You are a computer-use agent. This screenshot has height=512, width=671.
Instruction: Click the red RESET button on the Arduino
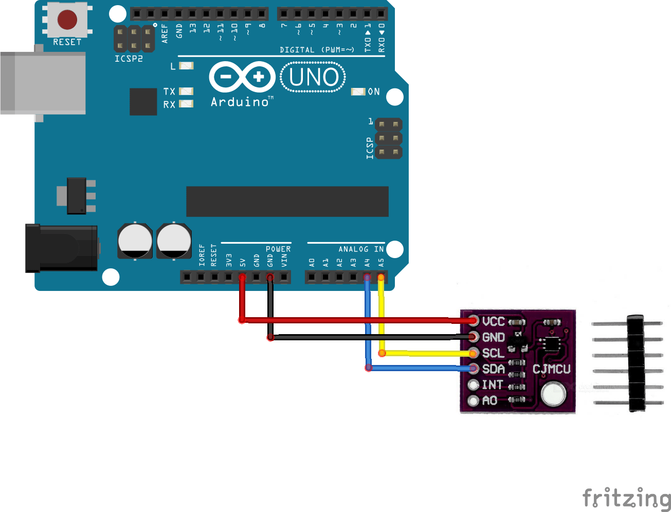tap(67, 20)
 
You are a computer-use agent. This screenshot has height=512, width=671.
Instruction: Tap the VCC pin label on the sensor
tap(493, 322)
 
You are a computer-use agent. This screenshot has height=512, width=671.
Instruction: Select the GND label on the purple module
tap(493, 338)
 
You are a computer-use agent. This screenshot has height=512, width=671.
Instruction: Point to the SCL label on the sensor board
tap(493, 354)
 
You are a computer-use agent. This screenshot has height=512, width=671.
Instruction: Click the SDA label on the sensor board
tap(493, 369)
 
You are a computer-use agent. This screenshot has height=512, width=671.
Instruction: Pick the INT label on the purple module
tap(492, 385)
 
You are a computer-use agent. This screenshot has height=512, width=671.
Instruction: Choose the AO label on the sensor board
tap(489, 400)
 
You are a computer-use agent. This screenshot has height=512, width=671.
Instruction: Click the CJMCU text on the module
tap(551, 369)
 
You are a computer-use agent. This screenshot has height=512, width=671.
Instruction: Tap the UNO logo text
tap(313, 78)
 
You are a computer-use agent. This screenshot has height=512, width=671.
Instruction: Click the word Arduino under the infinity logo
tap(240, 102)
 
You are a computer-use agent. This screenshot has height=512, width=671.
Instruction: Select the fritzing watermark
tap(626, 498)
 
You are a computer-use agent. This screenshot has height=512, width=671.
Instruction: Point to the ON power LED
tap(358, 92)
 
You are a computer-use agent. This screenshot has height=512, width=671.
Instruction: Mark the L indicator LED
tap(186, 66)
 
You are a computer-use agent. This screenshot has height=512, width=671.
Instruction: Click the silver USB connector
tap(43, 82)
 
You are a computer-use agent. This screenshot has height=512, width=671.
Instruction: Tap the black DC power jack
tap(61, 248)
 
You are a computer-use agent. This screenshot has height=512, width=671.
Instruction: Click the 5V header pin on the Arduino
tap(242, 278)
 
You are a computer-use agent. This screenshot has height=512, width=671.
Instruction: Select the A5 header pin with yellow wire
tap(381, 278)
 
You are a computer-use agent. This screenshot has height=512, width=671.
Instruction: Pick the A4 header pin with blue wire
tap(367, 278)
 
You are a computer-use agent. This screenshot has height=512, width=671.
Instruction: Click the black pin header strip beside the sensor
tap(637, 363)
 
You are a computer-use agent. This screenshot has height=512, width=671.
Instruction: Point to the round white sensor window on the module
tap(553, 395)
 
